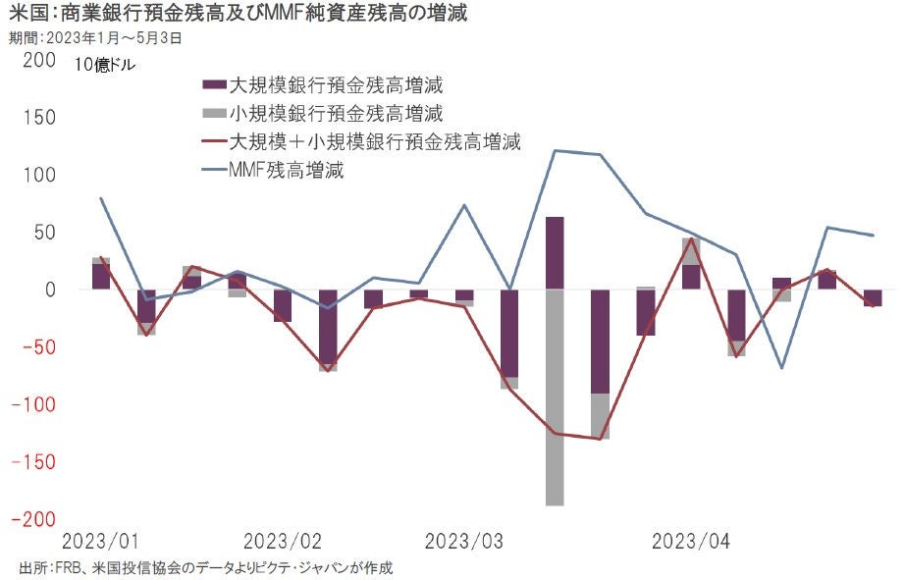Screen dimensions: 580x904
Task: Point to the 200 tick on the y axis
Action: tap(38, 61)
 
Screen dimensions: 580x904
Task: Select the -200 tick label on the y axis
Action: tap(33, 518)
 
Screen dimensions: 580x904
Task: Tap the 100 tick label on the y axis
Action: tap(38, 176)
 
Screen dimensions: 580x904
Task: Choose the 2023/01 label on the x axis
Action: tap(100, 541)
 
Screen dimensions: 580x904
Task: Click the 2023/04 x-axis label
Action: tap(692, 541)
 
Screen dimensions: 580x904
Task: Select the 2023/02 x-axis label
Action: tap(283, 541)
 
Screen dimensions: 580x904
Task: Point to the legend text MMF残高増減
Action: tap(286, 170)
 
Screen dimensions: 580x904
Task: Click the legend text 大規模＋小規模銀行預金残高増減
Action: tap(374, 141)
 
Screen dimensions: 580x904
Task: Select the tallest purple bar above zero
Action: tap(555, 253)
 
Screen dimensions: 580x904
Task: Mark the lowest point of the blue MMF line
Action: tap(782, 368)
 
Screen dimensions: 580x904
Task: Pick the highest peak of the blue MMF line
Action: tap(555, 150)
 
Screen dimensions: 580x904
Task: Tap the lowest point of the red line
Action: tap(600, 439)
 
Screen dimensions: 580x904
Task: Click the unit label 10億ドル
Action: tap(105, 67)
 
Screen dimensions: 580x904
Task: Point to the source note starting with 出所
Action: tap(206, 568)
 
